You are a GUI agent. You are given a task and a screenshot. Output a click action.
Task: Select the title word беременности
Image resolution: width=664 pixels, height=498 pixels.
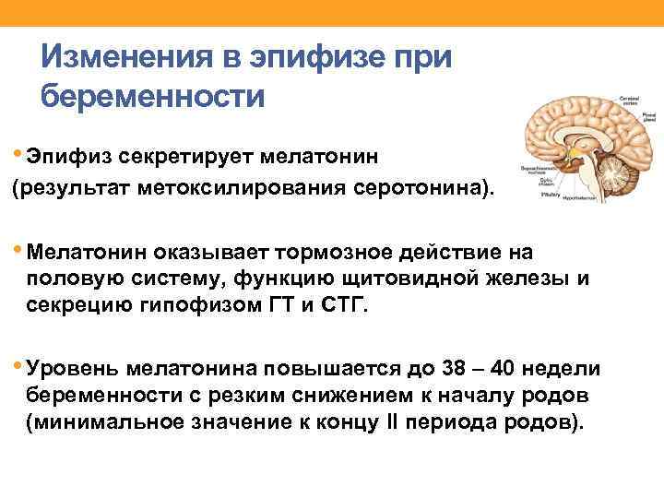point(153,97)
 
